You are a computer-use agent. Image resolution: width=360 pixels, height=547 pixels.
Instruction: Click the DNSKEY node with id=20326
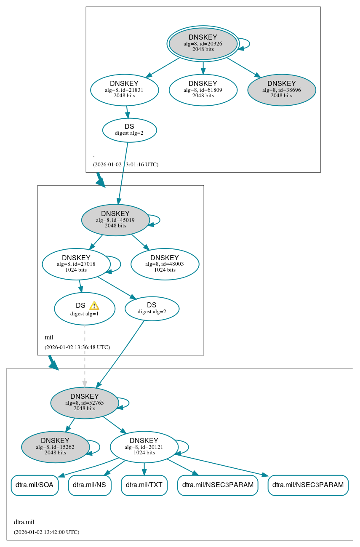(x=203, y=43)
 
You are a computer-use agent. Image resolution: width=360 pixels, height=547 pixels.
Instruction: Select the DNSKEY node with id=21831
(x=124, y=90)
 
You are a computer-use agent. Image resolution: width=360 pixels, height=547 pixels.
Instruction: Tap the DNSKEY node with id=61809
(x=203, y=90)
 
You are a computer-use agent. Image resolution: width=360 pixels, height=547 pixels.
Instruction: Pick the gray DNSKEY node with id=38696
(x=281, y=90)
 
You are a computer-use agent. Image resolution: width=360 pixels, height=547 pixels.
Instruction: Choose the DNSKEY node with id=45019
(x=115, y=220)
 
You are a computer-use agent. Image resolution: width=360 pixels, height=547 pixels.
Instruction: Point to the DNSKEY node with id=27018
(x=76, y=264)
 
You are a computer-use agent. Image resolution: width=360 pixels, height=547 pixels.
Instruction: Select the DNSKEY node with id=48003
(x=165, y=264)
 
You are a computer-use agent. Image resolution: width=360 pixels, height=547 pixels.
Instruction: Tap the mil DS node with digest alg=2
(x=152, y=309)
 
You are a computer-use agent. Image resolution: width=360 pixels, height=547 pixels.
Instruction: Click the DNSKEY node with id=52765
(x=84, y=403)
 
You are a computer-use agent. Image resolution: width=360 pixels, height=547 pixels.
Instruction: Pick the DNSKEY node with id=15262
(x=55, y=447)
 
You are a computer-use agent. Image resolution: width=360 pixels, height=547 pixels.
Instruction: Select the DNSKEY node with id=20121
(x=144, y=447)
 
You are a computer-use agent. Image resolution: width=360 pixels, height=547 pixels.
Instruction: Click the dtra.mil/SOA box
(x=35, y=485)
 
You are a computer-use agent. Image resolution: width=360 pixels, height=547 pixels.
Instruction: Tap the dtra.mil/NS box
(x=90, y=485)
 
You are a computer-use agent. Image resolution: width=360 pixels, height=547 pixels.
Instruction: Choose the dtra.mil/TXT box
(x=144, y=485)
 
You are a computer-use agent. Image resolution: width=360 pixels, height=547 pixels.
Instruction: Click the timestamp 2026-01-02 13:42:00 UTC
(x=46, y=532)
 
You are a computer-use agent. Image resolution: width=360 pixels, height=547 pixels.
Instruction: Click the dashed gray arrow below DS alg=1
(x=85, y=354)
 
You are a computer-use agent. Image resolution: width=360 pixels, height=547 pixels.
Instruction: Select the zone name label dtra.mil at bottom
(x=24, y=522)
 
